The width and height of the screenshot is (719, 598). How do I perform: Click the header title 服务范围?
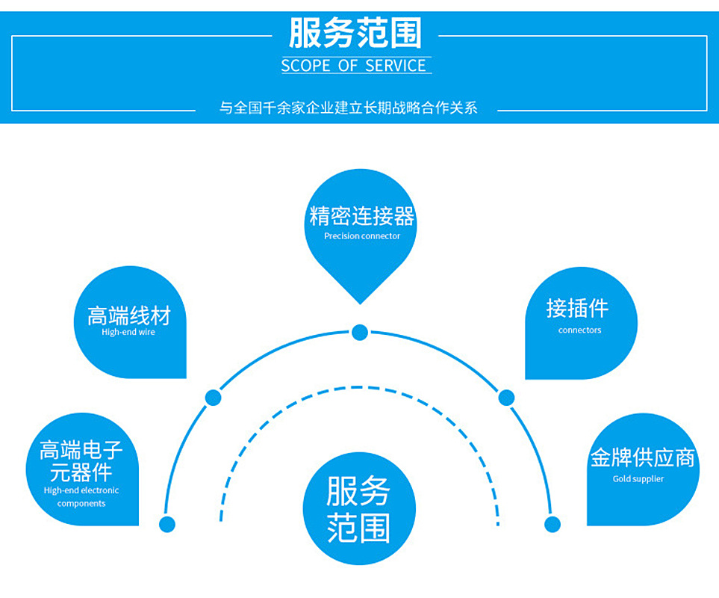tap(355, 34)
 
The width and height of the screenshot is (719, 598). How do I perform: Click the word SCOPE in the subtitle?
tap(305, 66)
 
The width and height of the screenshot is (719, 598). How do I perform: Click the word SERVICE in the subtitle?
tap(396, 66)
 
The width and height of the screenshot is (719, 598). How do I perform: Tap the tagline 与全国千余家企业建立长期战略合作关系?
tap(348, 108)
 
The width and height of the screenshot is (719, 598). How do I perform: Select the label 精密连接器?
tap(361, 217)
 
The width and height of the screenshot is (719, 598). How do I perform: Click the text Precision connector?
tap(361, 236)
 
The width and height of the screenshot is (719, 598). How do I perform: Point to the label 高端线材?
tap(128, 315)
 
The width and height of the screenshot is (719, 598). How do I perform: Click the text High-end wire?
tap(128, 332)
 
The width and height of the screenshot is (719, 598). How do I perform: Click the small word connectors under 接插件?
tap(579, 330)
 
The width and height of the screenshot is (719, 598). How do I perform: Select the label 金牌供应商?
tap(642, 457)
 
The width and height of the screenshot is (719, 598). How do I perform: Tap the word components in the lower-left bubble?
tap(81, 503)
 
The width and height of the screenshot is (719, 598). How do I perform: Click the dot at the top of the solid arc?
tap(360, 332)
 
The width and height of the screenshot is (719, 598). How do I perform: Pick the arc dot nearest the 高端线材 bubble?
tap(214, 398)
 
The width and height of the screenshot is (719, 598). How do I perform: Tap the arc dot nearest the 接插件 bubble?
tap(506, 398)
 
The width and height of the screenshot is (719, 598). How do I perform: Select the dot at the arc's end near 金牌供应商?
tap(552, 524)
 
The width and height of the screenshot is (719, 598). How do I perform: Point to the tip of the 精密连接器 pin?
tap(361, 302)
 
